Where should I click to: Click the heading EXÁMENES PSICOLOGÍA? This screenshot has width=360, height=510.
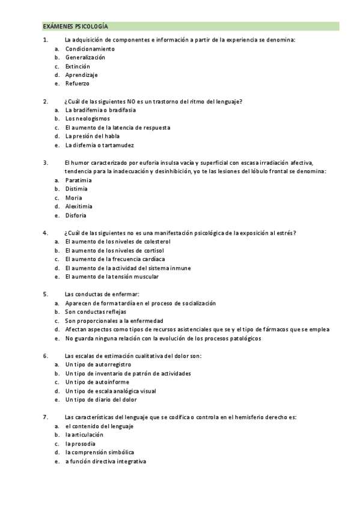pyautogui.click(x=75, y=26)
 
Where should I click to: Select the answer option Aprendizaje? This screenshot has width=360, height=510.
pyautogui.click(x=81, y=75)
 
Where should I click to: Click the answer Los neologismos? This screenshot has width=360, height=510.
pyautogui.click(x=88, y=118)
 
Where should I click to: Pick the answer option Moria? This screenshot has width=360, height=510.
pyautogui.click(x=74, y=198)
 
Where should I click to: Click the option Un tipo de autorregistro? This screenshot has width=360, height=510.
pyautogui.click(x=98, y=364)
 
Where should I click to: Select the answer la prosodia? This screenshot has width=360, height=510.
pyautogui.click(x=81, y=443)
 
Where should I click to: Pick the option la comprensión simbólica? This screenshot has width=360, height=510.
pyautogui.click(x=100, y=452)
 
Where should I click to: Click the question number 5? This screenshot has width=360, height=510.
pyautogui.click(x=45, y=294)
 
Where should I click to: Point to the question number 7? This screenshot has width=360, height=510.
pyautogui.click(x=45, y=417)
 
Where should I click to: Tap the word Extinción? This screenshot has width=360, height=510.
pyautogui.click(x=78, y=66)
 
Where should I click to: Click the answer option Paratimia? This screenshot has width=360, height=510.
pyautogui.click(x=78, y=180)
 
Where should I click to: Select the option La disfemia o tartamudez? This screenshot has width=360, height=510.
pyautogui.click(x=100, y=145)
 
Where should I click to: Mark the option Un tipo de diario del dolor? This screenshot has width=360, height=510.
pyautogui.click(x=101, y=399)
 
